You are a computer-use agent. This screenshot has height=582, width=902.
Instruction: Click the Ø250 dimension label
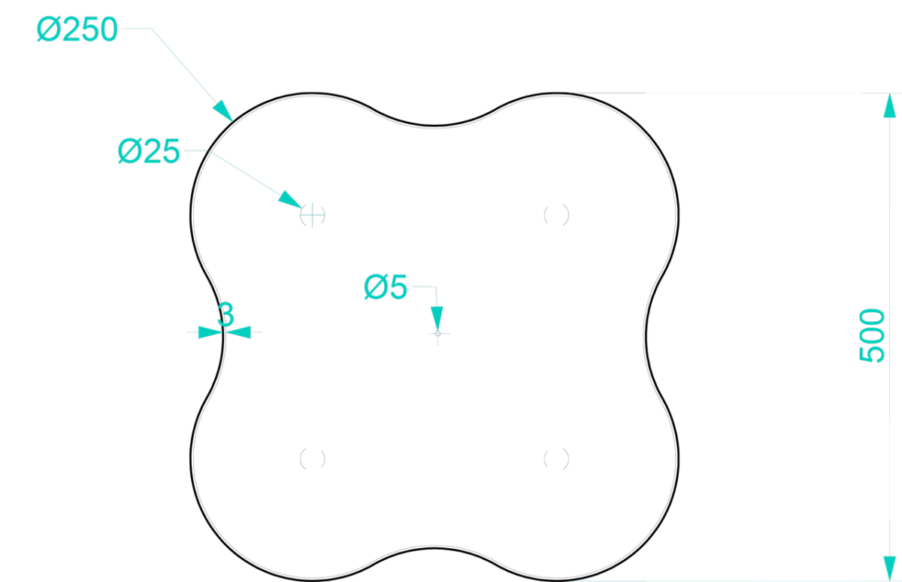[x=77, y=29]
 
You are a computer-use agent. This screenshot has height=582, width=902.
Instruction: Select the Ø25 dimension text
[x=149, y=151]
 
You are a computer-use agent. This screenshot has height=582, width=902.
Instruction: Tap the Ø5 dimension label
[x=386, y=287]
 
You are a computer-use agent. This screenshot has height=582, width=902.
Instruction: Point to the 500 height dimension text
[x=872, y=335]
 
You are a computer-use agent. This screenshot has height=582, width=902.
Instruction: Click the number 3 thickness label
[x=225, y=314]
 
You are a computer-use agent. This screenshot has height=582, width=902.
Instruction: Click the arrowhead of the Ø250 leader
[x=222, y=111]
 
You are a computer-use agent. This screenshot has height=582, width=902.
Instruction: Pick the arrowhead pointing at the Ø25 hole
[x=290, y=199]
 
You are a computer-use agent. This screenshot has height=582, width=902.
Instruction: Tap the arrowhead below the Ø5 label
[x=437, y=319]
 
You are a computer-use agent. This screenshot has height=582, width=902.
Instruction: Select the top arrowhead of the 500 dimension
[x=889, y=105]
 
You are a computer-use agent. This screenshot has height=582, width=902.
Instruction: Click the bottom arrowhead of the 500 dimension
[x=889, y=568]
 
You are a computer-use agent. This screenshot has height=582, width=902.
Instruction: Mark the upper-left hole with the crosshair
[x=313, y=215]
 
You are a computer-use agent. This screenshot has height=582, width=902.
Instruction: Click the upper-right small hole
[x=556, y=215]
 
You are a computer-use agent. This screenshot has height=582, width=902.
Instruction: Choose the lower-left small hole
[x=313, y=459]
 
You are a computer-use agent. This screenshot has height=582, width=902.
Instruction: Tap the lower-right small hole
[x=556, y=459]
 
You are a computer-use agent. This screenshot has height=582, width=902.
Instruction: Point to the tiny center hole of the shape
[x=437, y=334]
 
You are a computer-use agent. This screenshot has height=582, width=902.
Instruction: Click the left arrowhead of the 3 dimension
[x=210, y=332]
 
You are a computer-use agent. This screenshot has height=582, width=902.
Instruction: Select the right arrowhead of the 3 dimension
[x=238, y=332]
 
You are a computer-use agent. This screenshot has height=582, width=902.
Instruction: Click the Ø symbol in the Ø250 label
[x=49, y=29]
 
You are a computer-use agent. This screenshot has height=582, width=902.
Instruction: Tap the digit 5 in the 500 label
[x=872, y=354]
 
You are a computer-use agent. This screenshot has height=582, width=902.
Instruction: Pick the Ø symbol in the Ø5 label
[x=376, y=287]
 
